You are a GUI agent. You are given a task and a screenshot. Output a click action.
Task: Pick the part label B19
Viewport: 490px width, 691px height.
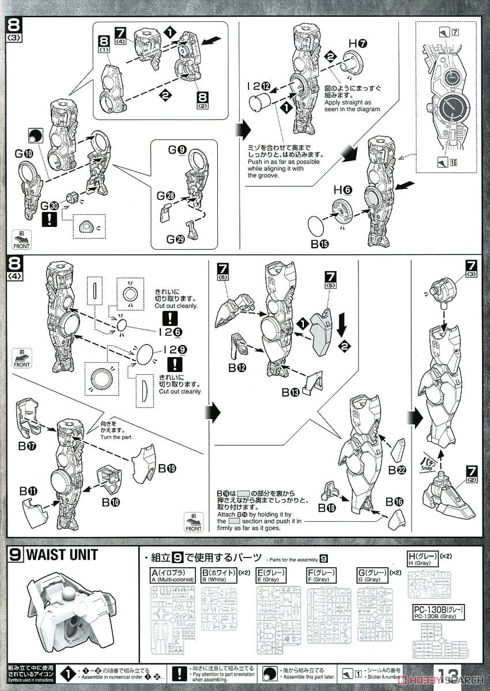pos(167,468)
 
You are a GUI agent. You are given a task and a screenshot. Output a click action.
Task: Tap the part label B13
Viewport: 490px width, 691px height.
pos(291,392)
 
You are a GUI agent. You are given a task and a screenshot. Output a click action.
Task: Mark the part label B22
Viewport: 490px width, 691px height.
pos(396,470)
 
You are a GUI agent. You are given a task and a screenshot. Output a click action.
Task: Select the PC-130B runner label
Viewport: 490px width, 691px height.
pos(439,611)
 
